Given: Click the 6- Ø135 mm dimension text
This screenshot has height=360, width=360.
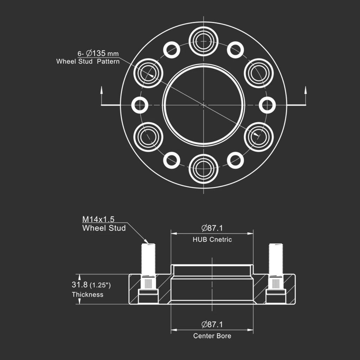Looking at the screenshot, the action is [x=98, y=53].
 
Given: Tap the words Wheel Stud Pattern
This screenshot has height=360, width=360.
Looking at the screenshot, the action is [x=88, y=62].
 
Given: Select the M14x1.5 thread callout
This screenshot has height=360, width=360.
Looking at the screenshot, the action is [x=98, y=219].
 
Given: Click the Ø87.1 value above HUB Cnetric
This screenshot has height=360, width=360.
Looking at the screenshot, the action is [x=212, y=228].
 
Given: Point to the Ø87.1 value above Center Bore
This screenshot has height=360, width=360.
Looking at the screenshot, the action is [x=212, y=324].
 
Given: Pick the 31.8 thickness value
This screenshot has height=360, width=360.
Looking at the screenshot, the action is [x=80, y=285].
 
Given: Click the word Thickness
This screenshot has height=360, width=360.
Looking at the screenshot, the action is [x=88, y=295].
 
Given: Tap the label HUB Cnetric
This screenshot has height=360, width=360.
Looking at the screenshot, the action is [x=212, y=239].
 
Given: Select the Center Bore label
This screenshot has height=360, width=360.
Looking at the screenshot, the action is [x=212, y=336].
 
